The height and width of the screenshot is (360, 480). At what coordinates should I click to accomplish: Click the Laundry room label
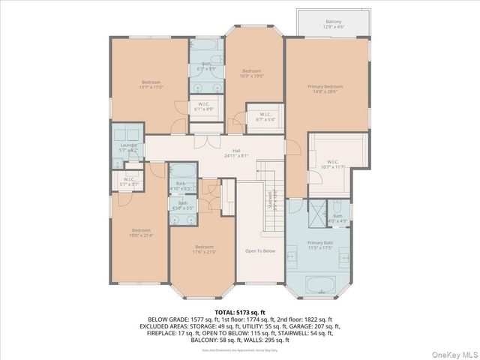click(x=128, y=147)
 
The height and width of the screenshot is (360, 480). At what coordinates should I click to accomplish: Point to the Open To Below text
click(x=260, y=250)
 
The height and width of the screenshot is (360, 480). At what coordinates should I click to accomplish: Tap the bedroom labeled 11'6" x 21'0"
click(x=205, y=249)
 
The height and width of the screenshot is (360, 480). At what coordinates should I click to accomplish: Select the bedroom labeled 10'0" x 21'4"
click(x=141, y=232)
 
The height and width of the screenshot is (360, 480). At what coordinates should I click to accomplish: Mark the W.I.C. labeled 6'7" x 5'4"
click(x=265, y=116)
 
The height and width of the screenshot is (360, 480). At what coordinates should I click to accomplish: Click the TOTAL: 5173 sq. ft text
click(x=239, y=311)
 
